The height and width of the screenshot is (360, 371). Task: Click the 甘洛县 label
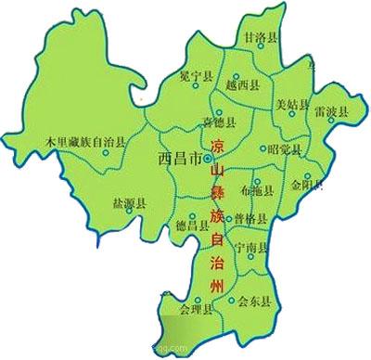click(x=261, y=37)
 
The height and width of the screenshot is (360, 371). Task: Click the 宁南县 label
click(x=250, y=248)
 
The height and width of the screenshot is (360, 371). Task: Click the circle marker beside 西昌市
click(x=206, y=161)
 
